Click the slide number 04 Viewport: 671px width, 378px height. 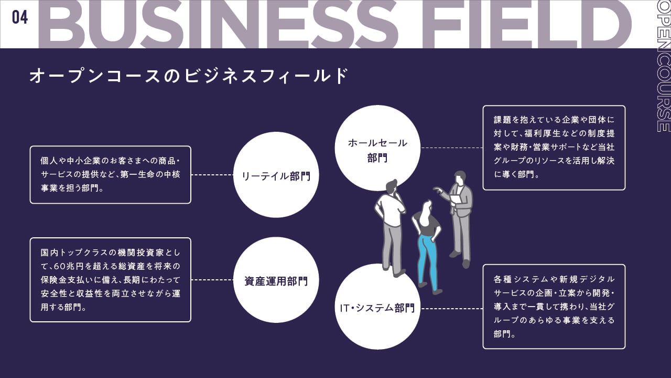[x=20, y=17]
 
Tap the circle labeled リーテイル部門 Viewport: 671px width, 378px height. [x=276, y=175]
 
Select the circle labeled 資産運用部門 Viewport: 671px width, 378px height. [x=276, y=281]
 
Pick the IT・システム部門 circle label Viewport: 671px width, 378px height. [x=374, y=308]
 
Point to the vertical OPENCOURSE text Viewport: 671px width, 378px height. [x=663, y=66]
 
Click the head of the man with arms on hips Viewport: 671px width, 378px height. [x=391, y=186]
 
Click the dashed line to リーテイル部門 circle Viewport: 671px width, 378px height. [x=212, y=175]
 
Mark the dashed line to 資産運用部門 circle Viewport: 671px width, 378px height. [x=212, y=280]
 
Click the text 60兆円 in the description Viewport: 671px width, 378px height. [x=70, y=267]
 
